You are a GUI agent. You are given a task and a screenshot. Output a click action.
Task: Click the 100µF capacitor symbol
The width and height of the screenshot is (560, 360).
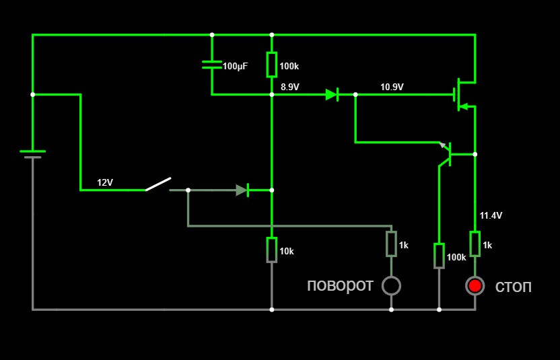pyautogui.click(x=212, y=65)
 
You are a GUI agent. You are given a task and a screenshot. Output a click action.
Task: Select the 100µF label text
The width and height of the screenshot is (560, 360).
pyautogui.click(x=235, y=67)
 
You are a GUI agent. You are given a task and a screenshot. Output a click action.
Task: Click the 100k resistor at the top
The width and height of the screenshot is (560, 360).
pyautogui.click(x=271, y=65)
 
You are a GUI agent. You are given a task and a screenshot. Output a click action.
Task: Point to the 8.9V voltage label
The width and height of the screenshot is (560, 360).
pyautogui.click(x=290, y=87)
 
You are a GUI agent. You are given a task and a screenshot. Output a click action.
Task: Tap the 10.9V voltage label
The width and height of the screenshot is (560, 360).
pyautogui.click(x=392, y=87)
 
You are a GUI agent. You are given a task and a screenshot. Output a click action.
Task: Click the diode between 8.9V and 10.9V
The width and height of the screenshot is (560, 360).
pyautogui.click(x=332, y=95)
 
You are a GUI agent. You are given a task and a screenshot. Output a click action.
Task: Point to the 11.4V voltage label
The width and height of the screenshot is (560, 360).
pyautogui.click(x=491, y=215)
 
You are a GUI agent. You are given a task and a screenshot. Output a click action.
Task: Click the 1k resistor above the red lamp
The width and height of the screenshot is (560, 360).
pyautogui.click(x=475, y=244)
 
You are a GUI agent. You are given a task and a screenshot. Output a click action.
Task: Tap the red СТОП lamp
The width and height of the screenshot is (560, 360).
pyautogui.click(x=475, y=286)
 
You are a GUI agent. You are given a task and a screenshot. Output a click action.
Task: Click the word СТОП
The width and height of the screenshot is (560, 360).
pyautogui.click(x=514, y=287)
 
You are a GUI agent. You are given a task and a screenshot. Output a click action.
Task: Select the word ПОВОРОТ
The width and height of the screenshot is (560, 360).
pyautogui.click(x=340, y=286)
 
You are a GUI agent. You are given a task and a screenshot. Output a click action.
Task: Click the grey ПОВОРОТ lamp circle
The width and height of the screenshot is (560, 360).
pyautogui.click(x=391, y=286)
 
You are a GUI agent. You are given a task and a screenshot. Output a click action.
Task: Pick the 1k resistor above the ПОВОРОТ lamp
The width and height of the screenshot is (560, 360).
pyautogui.click(x=391, y=244)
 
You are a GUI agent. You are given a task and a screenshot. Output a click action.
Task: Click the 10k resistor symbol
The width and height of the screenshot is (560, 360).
pyautogui.click(x=271, y=250)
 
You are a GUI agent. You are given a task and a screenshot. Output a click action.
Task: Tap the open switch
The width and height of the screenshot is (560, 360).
pyautogui.click(x=158, y=184)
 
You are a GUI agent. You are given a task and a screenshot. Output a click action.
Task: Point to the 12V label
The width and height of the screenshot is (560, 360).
pyautogui.click(x=105, y=182)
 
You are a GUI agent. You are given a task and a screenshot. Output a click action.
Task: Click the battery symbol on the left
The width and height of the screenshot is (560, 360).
pyautogui.click(x=32, y=154)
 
